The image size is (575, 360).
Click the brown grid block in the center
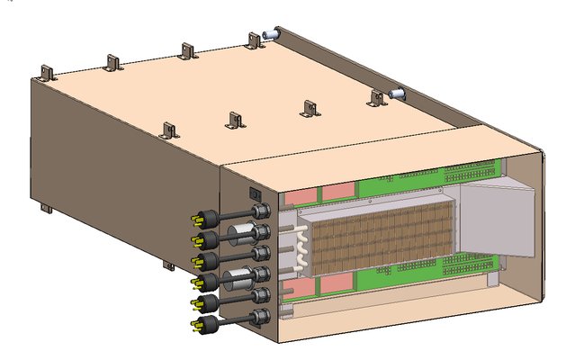[x=378, y=238]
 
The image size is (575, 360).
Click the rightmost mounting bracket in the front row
[x=376, y=96]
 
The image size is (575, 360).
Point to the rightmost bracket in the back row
[x=255, y=40]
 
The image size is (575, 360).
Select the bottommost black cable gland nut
[x=258, y=315]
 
